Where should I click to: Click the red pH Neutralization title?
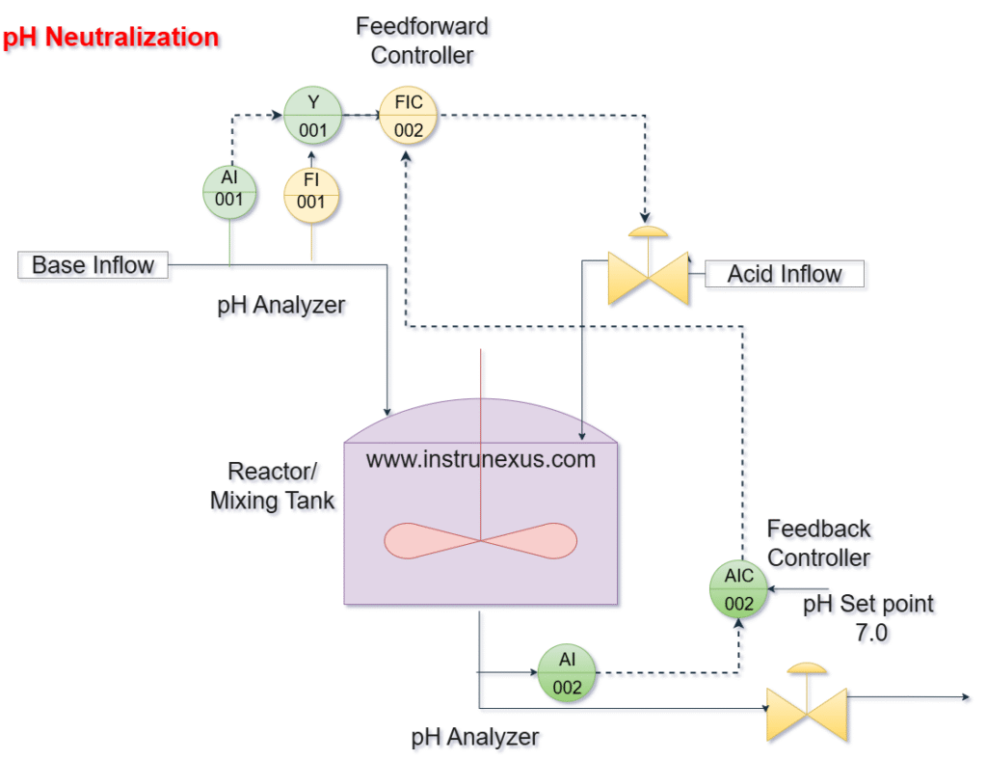[x=111, y=38]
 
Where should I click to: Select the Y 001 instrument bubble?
[x=312, y=116]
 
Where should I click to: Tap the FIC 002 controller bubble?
[x=409, y=116]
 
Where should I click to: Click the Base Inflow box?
[x=93, y=264]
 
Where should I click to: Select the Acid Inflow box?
[x=785, y=274]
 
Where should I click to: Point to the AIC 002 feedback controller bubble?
[x=739, y=589]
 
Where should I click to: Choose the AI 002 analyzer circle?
[x=567, y=673]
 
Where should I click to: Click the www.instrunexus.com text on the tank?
[x=480, y=459]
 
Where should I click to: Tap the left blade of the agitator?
[x=430, y=541]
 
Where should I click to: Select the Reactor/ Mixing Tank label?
[x=272, y=485]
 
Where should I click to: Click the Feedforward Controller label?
[x=422, y=41]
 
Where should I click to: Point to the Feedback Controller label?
[x=818, y=543]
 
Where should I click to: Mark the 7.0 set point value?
[x=871, y=634]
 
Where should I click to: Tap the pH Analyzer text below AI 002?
[x=475, y=737]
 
